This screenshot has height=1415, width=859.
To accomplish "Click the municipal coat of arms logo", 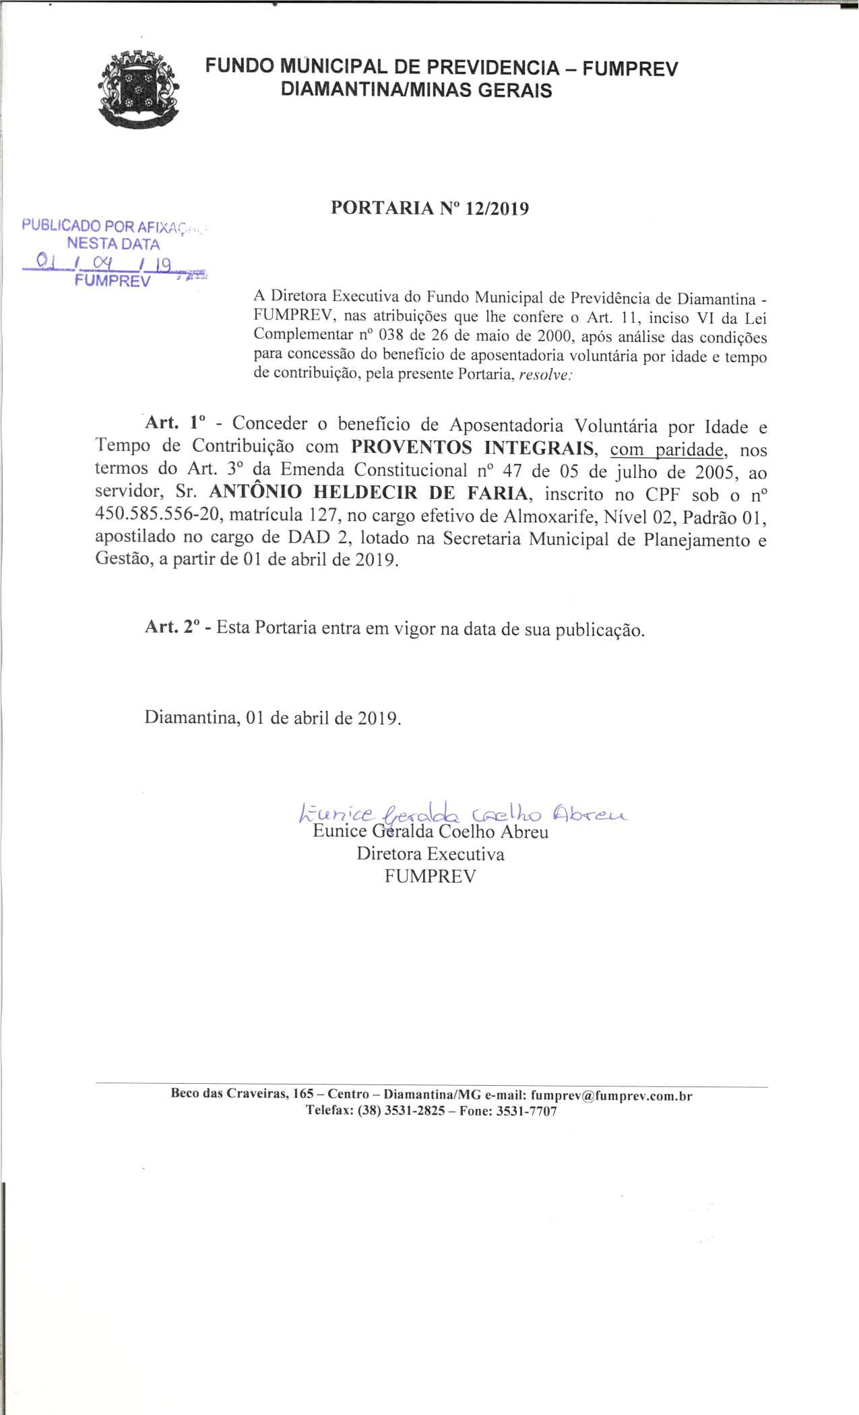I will (x=139, y=88).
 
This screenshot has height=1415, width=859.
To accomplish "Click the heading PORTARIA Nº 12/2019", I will (x=430, y=209).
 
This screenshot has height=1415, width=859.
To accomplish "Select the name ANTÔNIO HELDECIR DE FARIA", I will (x=369, y=493).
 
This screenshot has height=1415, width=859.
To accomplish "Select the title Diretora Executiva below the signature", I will (x=430, y=854).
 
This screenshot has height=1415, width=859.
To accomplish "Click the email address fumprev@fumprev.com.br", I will (x=611, y=1095).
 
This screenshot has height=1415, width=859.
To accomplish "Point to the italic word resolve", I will (x=542, y=376).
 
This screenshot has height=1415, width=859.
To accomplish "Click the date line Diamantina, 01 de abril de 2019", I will (x=273, y=717).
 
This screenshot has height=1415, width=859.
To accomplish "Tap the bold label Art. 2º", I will (x=173, y=628).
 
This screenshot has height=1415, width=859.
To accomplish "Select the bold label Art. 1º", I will (x=174, y=424).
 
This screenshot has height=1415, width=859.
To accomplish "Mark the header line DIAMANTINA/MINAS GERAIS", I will (x=416, y=90).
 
